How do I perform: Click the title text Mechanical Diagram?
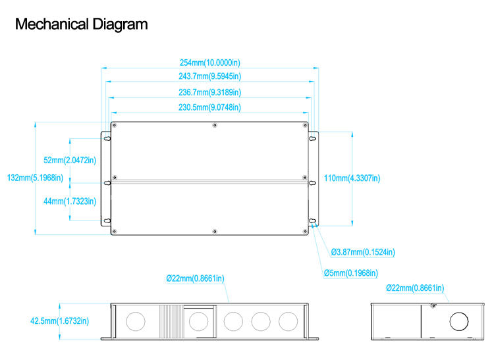[x=81, y=25]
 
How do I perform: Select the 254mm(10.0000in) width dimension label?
[x=209, y=63]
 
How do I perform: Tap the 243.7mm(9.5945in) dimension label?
[x=209, y=77]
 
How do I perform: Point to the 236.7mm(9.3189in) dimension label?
[x=209, y=92]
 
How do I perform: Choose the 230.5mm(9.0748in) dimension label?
[x=209, y=107]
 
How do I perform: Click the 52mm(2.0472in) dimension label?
[x=70, y=160]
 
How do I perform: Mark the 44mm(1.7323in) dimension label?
[x=70, y=201]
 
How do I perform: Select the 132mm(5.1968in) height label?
[x=36, y=178]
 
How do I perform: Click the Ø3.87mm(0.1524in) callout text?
[x=363, y=252]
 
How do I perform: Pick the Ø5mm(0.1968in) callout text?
[x=350, y=273]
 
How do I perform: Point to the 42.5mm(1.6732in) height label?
[x=59, y=321]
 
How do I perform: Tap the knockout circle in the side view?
[x=459, y=321]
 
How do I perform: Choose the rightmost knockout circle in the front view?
[x=288, y=321]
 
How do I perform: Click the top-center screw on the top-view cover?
[x=215, y=125]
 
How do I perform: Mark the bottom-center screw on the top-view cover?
[x=215, y=230]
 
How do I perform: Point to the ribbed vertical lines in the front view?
[x=171, y=321]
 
